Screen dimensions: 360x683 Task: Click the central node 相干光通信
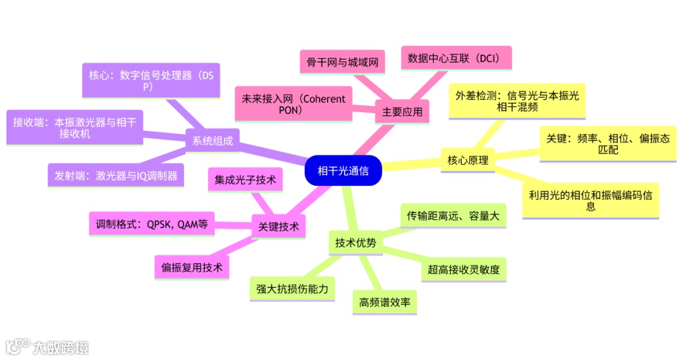tap(343, 170)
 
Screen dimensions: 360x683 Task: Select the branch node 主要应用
tap(402, 113)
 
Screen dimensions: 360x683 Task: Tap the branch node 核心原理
tap(467, 160)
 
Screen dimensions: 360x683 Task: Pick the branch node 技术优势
tap(355, 242)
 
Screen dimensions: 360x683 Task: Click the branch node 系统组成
tap(212, 141)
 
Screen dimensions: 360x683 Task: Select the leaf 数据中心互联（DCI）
tap(455, 58)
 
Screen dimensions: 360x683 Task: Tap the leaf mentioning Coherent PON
tap(293, 104)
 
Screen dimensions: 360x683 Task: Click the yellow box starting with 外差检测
tap(517, 101)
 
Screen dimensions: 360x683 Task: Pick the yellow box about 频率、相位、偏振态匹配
tap(608, 144)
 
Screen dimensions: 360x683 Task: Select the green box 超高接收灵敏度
tap(464, 270)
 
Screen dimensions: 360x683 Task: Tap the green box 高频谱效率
tap(385, 302)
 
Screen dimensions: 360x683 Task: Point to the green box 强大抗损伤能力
tap(292, 289)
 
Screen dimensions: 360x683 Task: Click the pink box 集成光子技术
tap(246, 181)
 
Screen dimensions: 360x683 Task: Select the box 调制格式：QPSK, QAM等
tap(152, 223)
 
